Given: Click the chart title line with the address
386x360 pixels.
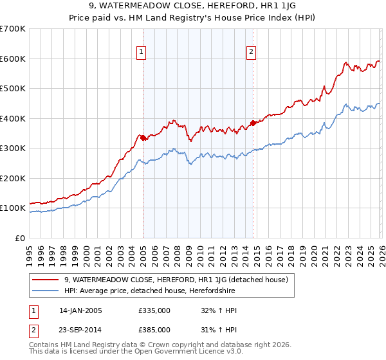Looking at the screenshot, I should [192, 6].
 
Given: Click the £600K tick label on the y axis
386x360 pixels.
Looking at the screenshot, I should [12, 59].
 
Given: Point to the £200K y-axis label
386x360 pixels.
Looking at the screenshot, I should [12, 178].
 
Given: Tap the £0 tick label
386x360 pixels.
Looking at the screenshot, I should [20, 238].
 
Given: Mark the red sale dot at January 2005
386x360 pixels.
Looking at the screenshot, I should [143, 137].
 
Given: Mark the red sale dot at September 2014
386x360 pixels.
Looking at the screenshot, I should [253, 122].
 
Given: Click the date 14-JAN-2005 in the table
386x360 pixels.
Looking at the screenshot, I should [80, 310].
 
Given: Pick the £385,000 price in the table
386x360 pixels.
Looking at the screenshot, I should [154, 329].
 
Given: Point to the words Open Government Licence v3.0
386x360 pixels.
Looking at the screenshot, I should [185, 352].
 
